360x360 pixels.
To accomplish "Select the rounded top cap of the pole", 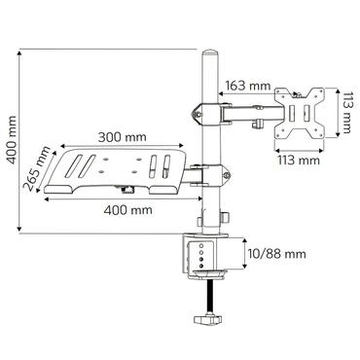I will tap(207, 51).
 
